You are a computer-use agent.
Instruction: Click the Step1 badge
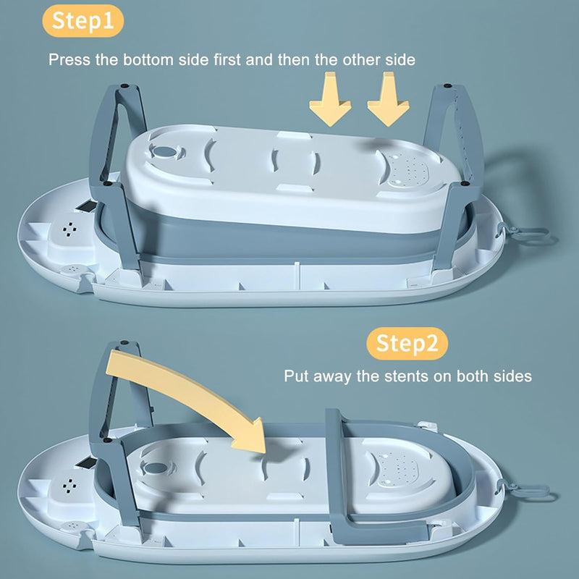[83, 21]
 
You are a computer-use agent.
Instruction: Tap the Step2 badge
[407, 343]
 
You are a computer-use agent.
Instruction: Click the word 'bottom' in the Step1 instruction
[148, 60]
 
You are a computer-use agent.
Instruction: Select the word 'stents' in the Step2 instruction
[406, 376]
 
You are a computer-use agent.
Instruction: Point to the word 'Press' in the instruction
[69, 60]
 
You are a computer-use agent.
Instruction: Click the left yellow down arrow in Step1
[330, 99]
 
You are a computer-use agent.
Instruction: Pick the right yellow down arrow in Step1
[388, 99]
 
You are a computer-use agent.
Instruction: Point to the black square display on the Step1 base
[86, 206]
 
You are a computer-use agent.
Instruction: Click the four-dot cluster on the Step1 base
[69, 229]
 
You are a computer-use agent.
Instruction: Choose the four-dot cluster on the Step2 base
[69, 486]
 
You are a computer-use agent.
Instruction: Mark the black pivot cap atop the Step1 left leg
[124, 85]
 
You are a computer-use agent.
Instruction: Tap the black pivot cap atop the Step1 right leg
[447, 85]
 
